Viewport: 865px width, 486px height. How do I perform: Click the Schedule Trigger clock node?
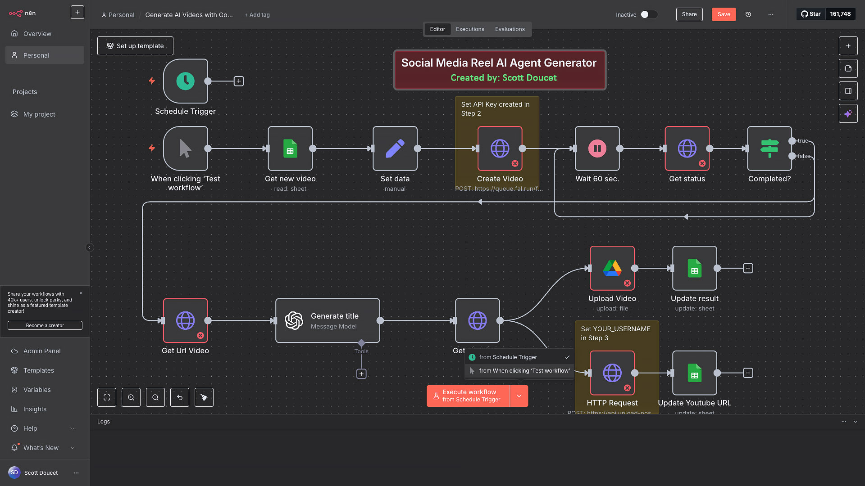tap(185, 81)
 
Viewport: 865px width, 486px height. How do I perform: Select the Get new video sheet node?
tap(290, 148)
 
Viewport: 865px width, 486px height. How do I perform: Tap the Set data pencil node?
tap(395, 148)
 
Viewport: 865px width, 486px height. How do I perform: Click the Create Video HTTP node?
tap(500, 148)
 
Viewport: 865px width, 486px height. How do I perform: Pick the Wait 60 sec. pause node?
tap(597, 148)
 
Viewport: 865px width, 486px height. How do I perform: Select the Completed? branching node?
tap(769, 148)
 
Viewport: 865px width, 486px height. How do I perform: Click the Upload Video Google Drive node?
tap(612, 268)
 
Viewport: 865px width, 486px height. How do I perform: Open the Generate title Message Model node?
tap(328, 321)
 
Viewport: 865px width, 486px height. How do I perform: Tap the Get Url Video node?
tap(185, 321)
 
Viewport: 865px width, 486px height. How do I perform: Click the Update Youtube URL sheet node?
tap(694, 373)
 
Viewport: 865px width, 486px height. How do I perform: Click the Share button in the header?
tap(689, 14)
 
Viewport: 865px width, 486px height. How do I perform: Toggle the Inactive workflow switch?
tap(649, 14)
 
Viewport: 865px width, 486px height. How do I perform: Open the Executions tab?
tap(470, 29)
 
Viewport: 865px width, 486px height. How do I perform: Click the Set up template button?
tap(135, 46)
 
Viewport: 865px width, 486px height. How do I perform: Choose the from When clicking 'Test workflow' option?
tap(524, 371)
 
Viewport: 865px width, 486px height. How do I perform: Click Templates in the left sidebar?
tap(39, 370)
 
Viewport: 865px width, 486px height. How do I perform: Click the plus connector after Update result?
tap(748, 268)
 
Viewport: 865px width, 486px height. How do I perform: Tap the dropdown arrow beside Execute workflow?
tap(519, 396)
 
